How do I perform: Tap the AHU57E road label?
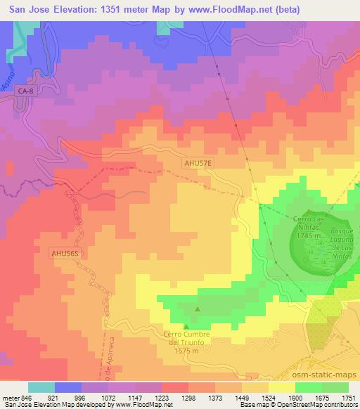(x=194, y=162)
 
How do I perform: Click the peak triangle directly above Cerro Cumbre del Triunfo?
(x=186, y=326)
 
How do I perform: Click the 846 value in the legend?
(x=27, y=397)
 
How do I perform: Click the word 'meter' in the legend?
(x=11, y=397)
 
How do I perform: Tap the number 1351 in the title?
(x=109, y=12)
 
